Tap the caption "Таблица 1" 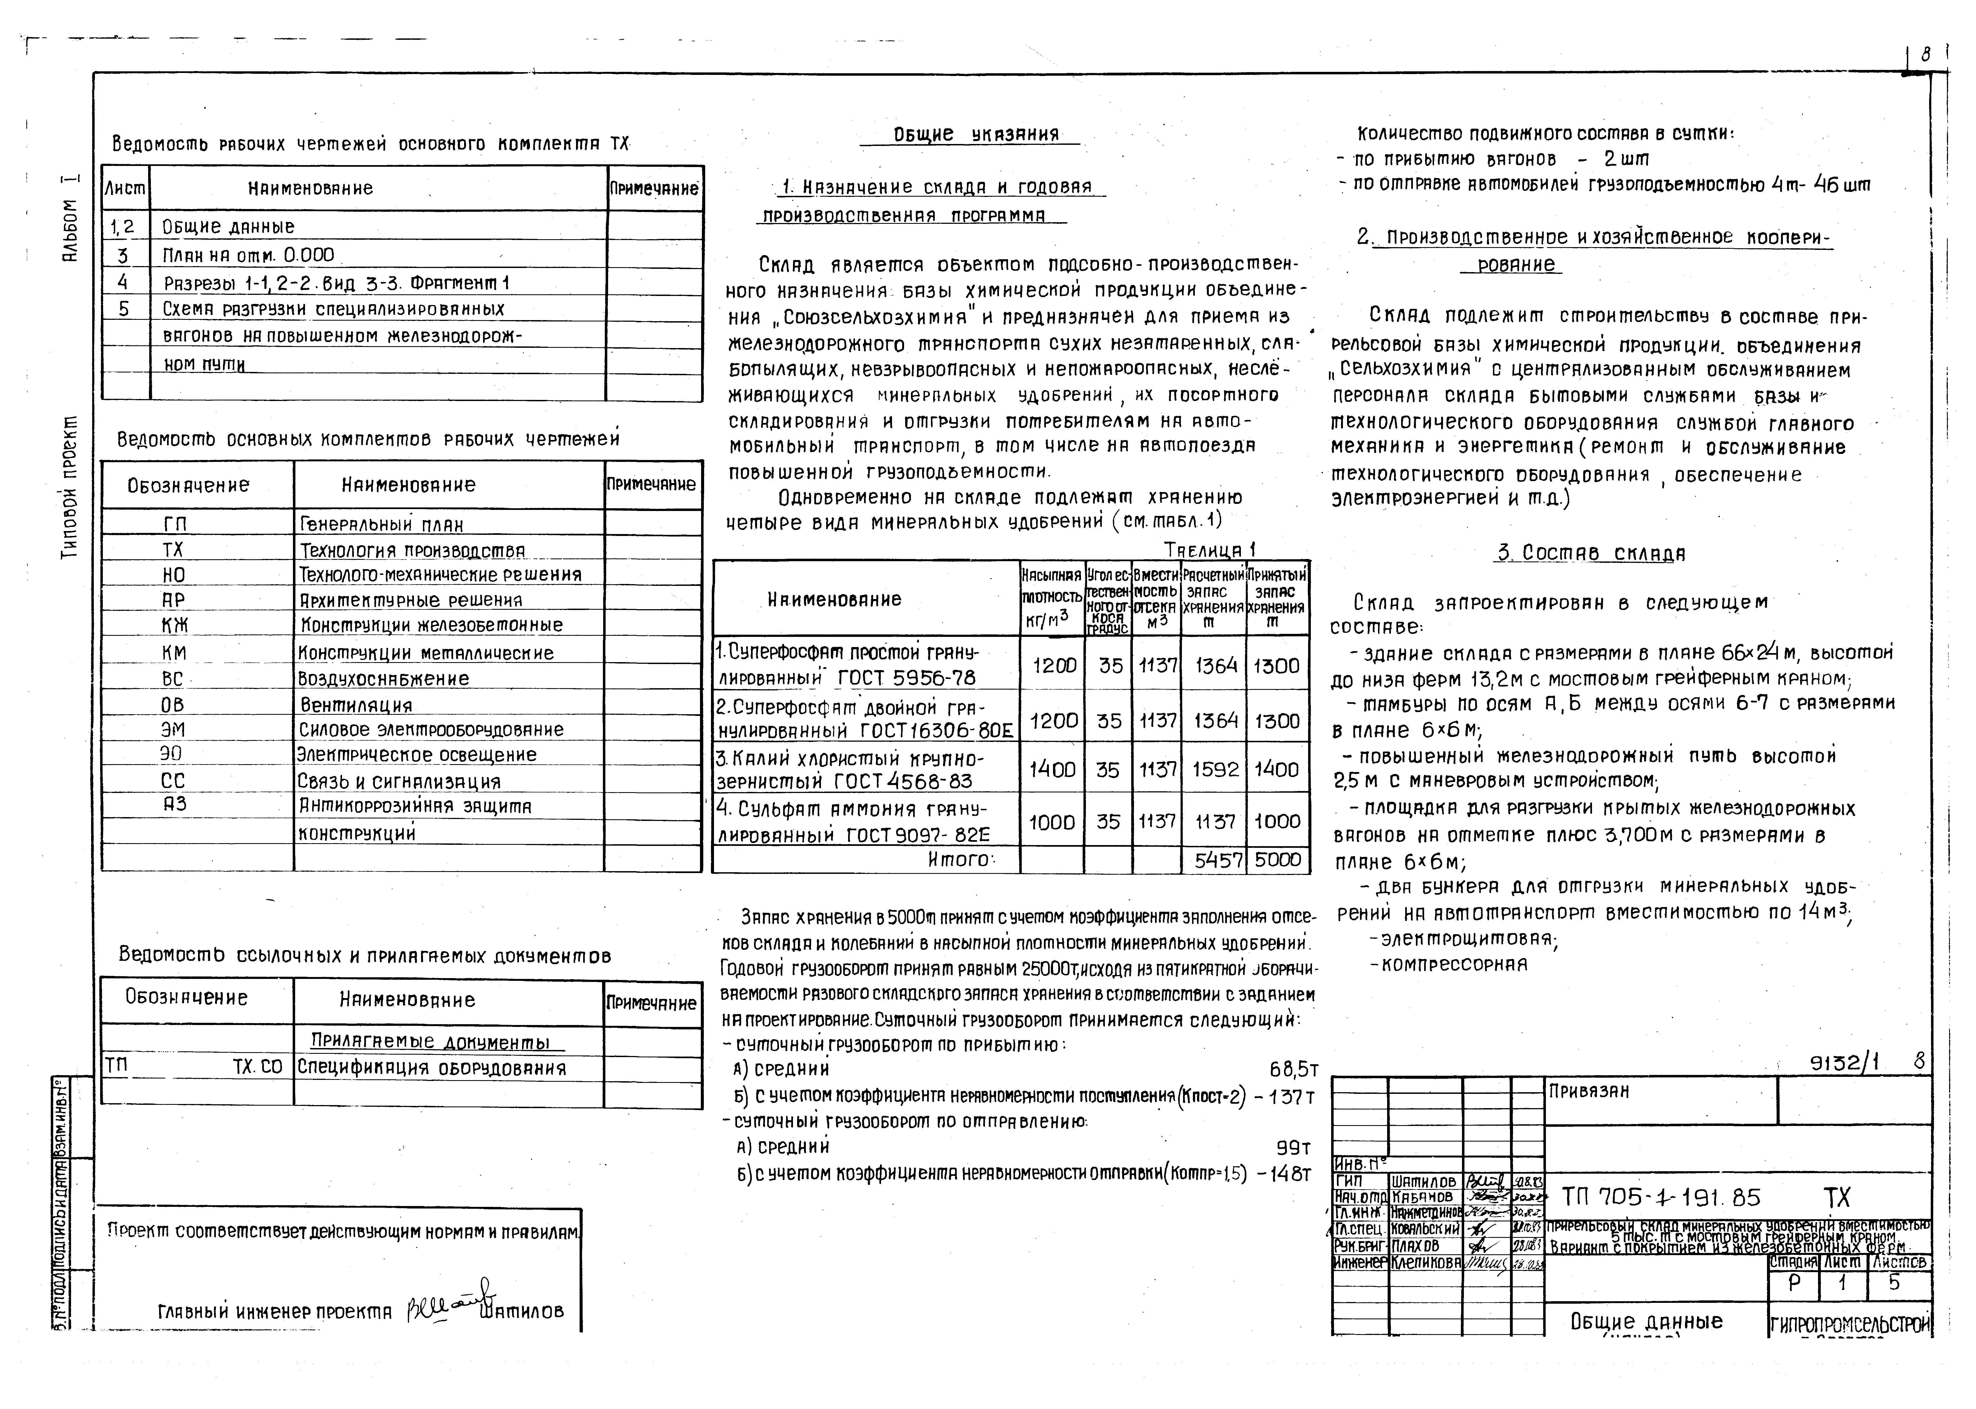(x=1209, y=550)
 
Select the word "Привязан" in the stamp (x=1589, y=1091)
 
